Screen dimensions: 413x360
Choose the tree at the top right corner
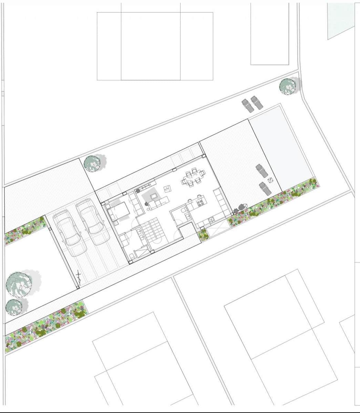287,86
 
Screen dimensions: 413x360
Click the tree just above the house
92,163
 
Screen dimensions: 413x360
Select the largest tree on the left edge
19,284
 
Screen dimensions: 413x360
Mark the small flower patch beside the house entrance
204,235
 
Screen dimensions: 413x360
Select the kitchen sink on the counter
188,216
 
